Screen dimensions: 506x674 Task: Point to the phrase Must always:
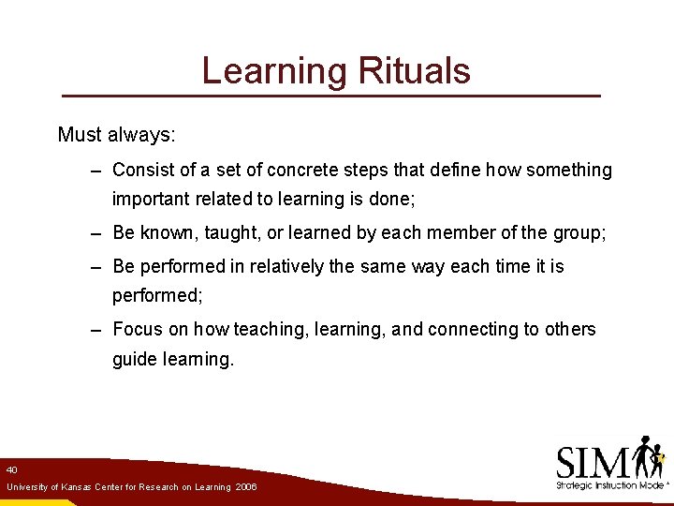(x=116, y=135)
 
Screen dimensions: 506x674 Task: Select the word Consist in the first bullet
(x=143, y=171)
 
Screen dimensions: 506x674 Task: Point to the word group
(x=579, y=232)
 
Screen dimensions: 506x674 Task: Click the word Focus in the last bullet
(x=137, y=330)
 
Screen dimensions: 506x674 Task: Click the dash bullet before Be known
(x=96, y=232)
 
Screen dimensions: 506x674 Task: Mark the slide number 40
(x=11, y=469)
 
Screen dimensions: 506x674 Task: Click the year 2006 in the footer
(x=246, y=487)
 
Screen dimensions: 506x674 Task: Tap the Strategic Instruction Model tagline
(x=608, y=485)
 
